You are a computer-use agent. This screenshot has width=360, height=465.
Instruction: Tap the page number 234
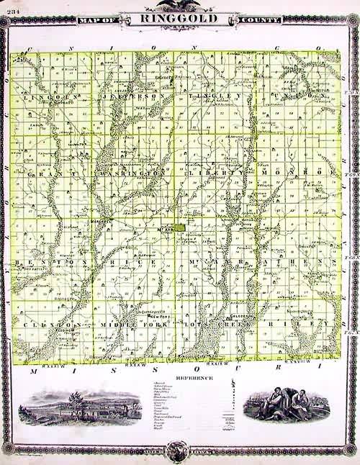[x=11, y=5]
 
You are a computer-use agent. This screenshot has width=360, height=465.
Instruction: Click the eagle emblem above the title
[x=178, y=5]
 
